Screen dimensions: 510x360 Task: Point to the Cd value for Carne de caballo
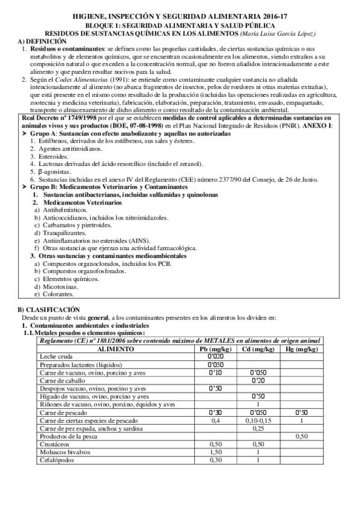tap(258, 380)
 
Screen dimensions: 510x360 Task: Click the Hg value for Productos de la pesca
tap(302, 436)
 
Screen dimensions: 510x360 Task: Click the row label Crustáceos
tap(55, 444)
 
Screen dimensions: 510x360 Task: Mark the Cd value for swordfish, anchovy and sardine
tap(258, 428)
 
